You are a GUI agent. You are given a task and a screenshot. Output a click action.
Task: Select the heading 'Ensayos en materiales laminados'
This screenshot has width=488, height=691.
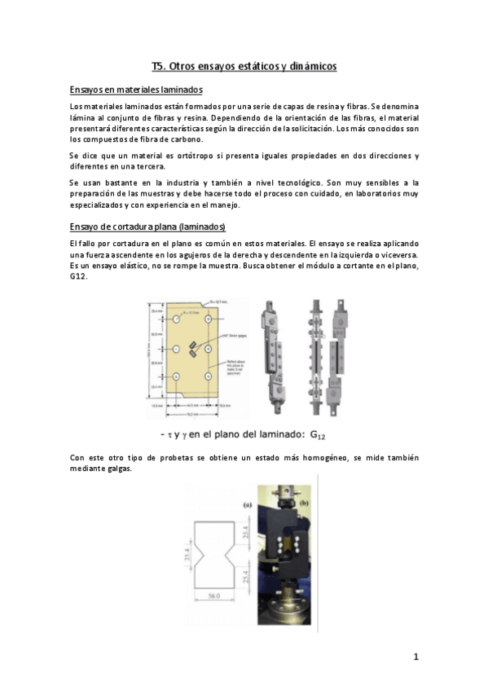click(x=136, y=90)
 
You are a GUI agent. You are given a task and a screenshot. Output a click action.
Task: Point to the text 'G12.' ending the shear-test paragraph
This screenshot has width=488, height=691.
click(x=80, y=277)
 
